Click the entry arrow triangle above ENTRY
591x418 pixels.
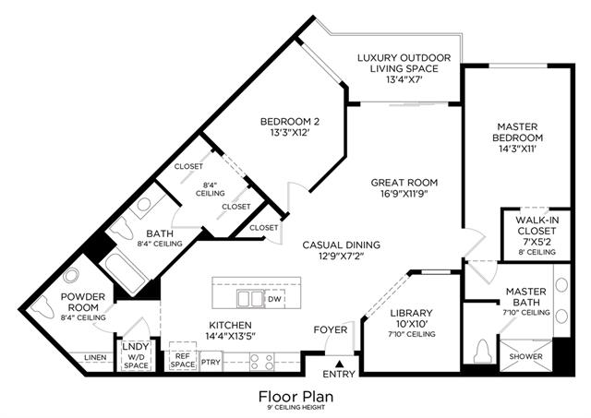340,364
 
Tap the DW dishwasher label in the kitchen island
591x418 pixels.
275,299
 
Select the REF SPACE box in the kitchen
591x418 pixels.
183,356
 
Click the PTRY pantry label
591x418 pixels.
211,362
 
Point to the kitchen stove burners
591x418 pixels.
261,362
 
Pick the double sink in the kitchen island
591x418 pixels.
250,299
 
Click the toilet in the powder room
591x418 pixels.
41,306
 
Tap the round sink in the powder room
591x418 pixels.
71,276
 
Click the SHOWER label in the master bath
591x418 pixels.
525,356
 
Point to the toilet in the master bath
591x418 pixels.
482,352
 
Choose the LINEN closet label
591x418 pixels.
95,357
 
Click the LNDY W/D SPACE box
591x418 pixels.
136,355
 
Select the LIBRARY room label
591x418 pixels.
411,313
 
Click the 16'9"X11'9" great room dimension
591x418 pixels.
404,194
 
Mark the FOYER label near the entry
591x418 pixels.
331,330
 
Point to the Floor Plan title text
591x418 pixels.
295,397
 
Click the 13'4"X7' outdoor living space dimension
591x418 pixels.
404,80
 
